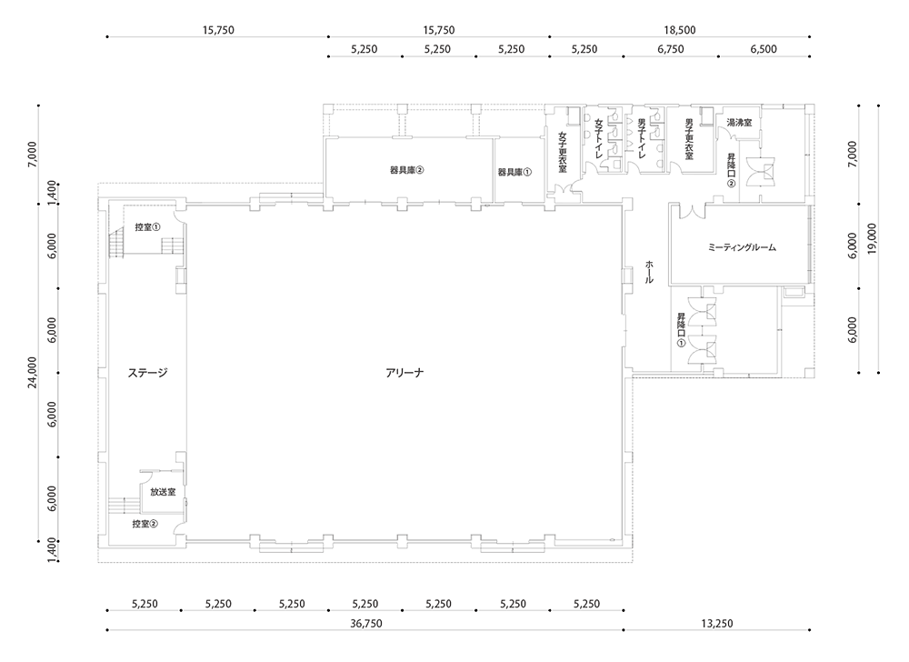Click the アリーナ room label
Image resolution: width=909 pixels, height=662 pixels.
(x=405, y=373)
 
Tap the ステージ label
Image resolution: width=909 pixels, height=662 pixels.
(x=148, y=373)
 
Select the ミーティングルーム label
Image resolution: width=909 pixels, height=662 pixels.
(x=742, y=247)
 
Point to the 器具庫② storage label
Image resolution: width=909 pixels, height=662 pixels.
(x=407, y=170)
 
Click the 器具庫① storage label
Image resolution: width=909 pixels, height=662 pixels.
(x=514, y=172)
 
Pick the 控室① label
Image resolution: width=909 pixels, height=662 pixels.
(x=148, y=227)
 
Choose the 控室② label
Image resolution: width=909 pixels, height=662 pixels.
(x=145, y=524)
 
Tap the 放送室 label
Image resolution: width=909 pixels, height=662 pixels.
(x=163, y=492)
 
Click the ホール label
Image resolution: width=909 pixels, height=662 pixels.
(x=649, y=271)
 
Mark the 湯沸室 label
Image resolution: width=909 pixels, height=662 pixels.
(x=739, y=123)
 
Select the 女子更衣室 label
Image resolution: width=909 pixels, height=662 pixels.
(x=563, y=152)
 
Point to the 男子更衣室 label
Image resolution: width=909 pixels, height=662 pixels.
(x=689, y=140)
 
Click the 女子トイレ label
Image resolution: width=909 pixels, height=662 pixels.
(x=599, y=139)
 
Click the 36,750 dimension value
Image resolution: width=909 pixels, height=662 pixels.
(x=365, y=624)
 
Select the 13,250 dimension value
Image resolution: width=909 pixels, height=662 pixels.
(x=717, y=624)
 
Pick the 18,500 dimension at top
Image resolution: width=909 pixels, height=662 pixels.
(x=679, y=30)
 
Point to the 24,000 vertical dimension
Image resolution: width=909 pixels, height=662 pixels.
(x=33, y=372)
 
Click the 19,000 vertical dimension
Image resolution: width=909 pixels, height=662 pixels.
(x=872, y=239)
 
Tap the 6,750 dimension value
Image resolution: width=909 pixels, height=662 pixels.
(x=671, y=49)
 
